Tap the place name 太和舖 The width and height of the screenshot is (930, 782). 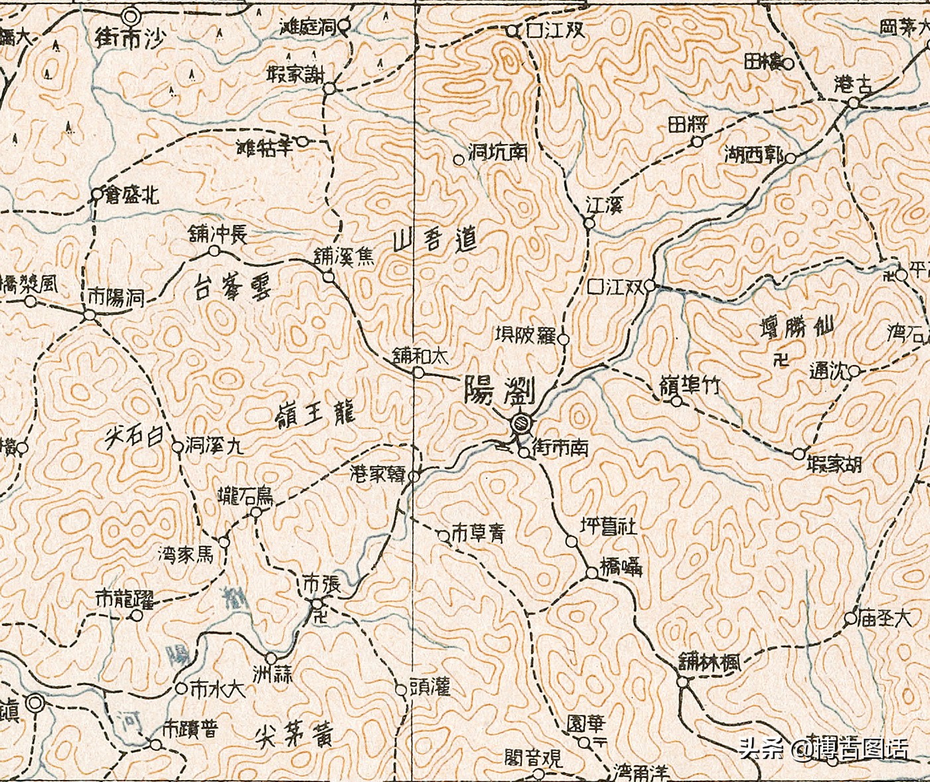(420, 356)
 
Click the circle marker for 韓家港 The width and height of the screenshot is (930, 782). (414, 476)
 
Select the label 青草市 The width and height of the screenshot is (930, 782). (478, 533)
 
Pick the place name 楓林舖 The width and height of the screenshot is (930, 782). (710, 663)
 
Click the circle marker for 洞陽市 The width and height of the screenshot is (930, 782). (90, 315)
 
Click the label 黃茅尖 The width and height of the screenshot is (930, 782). (293, 735)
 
